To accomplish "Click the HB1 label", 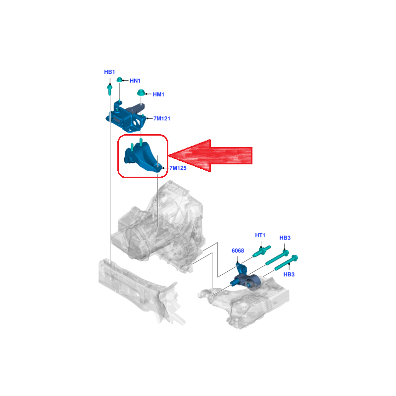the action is (109, 72).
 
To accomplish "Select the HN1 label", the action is (135, 81).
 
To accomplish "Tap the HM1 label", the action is (158, 95).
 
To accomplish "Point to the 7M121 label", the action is (162, 118).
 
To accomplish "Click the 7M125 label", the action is (178, 168).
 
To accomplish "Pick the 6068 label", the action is (238, 250).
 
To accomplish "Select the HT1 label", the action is (260, 236).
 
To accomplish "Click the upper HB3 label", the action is (285, 238).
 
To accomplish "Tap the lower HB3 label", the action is (289, 275).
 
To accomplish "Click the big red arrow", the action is (210, 155).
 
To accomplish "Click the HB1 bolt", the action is (109, 90).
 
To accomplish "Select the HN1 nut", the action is (119, 80).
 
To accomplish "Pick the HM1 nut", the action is (141, 93).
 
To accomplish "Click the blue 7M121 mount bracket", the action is (126, 117).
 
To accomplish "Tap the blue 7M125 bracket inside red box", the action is (142, 157).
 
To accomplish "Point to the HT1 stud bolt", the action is (262, 251).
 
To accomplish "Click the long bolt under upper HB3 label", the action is (277, 257).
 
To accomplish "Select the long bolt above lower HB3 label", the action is (286, 263).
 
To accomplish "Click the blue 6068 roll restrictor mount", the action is (245, 278).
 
